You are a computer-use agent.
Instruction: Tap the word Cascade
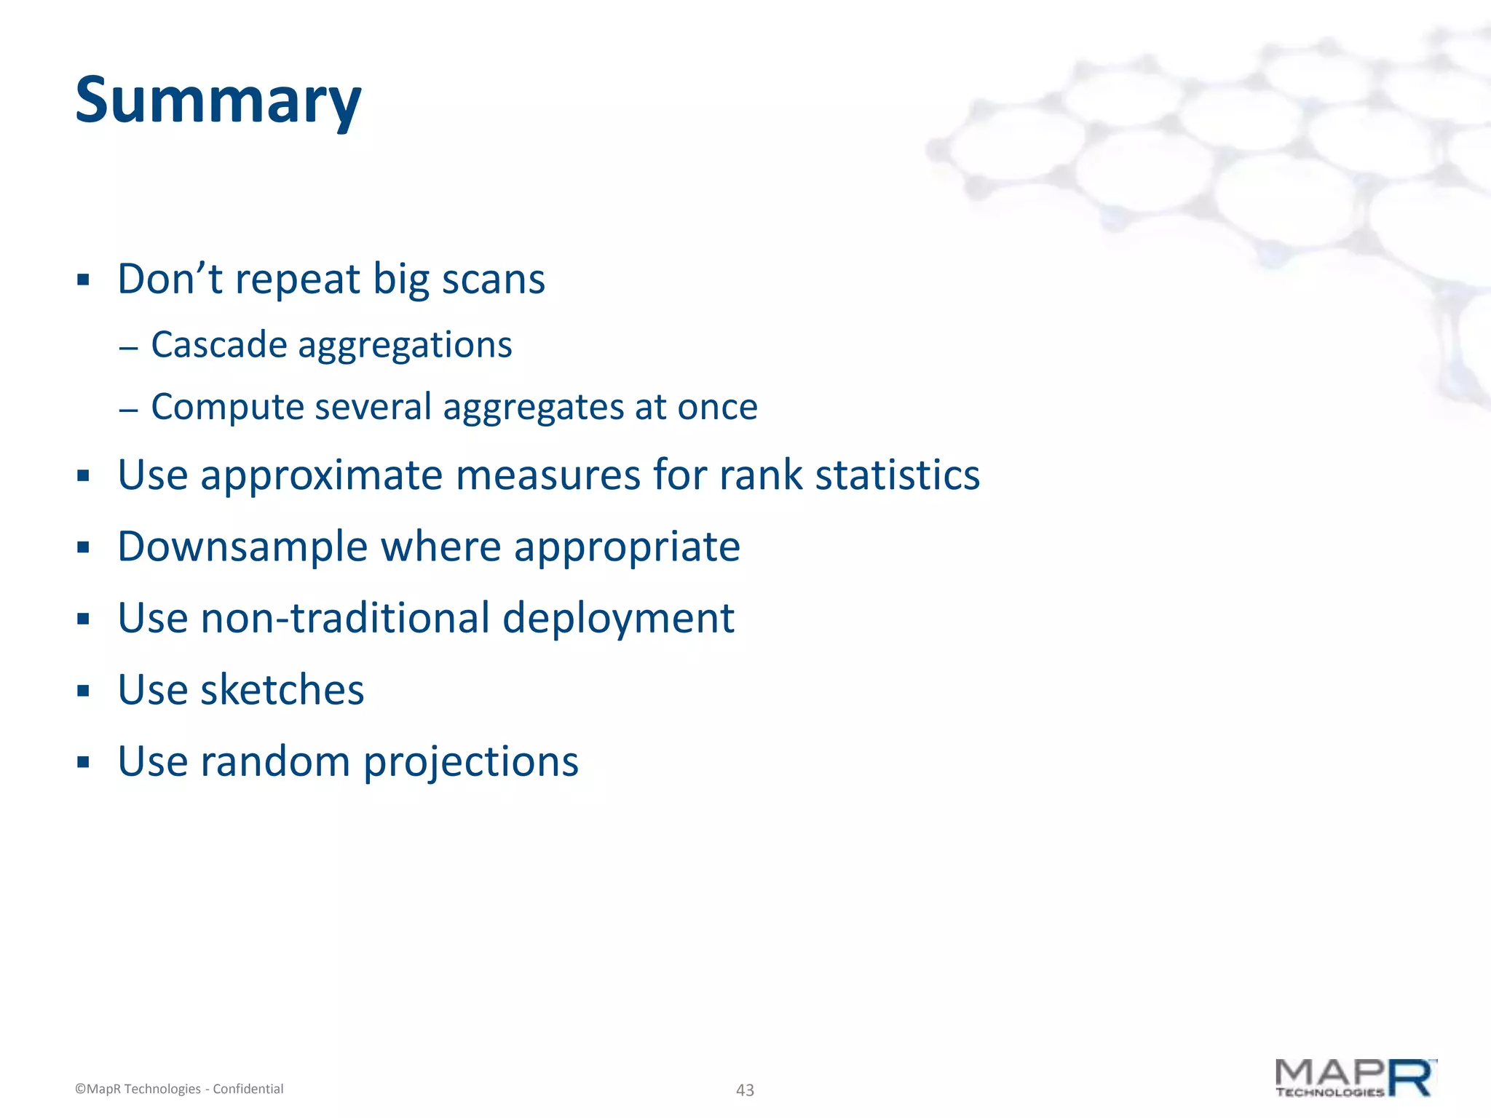(218, 344)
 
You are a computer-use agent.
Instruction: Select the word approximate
(321, 476)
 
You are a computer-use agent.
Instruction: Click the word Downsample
(242, 547)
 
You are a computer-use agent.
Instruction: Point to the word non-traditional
(345, 618)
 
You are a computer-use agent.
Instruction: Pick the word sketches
(282, 689)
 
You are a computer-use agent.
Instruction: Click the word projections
(470, 762)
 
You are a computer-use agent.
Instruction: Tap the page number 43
(745, 1090)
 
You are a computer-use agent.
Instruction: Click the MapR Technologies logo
(1356, 1078)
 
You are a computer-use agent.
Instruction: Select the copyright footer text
(179, 1089)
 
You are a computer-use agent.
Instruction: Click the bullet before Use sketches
(83, 691)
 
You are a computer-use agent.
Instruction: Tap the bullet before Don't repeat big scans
(83, 279)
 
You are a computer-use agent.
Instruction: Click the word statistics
(897, 476)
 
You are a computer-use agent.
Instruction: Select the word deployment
(618, 618)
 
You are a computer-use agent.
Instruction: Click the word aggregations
(405, 346)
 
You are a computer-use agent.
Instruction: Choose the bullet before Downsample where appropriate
(83, 547)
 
